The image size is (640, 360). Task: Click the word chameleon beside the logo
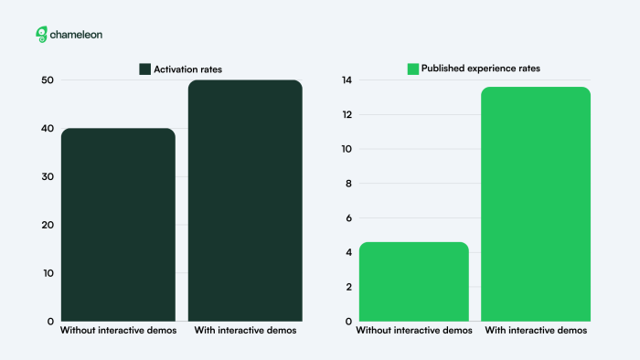point(76,35)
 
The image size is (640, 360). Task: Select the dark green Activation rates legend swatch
point(144,69)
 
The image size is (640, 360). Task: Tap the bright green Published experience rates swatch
point(413,69)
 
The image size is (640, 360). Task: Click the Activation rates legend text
point(187,69)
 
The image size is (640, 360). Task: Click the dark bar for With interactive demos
point(245,201)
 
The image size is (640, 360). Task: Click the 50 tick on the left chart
point(48,80)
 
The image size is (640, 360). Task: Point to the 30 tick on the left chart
point(48,176)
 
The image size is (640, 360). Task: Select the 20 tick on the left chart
point(48,225)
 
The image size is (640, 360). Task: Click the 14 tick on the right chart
point(347,80)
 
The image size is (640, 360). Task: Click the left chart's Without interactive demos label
point(118,331)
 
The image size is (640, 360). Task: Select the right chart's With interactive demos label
point(536,331)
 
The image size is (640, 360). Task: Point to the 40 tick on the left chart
point(48,129)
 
